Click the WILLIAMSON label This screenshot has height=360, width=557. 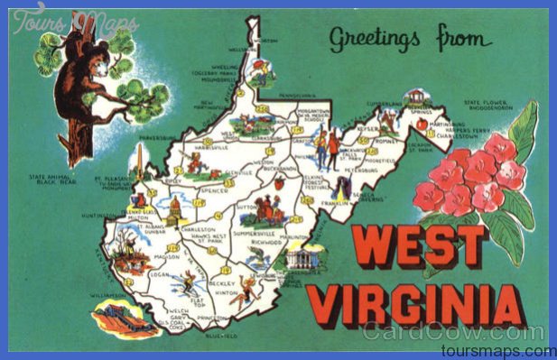click(x=108, y=295)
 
